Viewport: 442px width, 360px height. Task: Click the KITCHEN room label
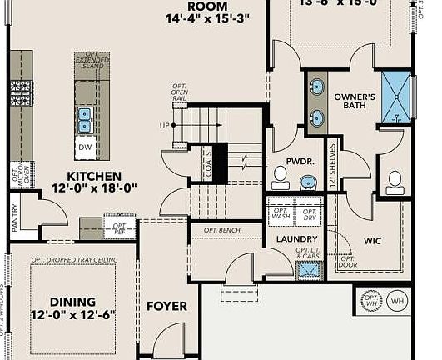coord(94,176)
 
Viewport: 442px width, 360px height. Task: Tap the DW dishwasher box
coord(85,147)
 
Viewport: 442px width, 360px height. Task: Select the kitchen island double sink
coord(85,120)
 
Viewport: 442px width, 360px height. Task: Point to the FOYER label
coord(166,306)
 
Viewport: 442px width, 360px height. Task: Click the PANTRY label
coord(14,216)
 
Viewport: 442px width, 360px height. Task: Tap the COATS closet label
coord(206,165)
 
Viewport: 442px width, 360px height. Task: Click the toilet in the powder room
coord(281,177)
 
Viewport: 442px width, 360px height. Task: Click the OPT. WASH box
coord(281,213)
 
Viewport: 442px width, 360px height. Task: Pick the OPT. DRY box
coord(309,213)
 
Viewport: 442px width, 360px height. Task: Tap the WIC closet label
coord(373,241)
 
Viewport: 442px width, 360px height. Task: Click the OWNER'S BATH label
coord(356,101)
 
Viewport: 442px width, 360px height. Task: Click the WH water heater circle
coord(397,301)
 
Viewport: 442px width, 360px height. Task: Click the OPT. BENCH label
coord(221,229)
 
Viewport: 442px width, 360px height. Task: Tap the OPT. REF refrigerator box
coord(119,227)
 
